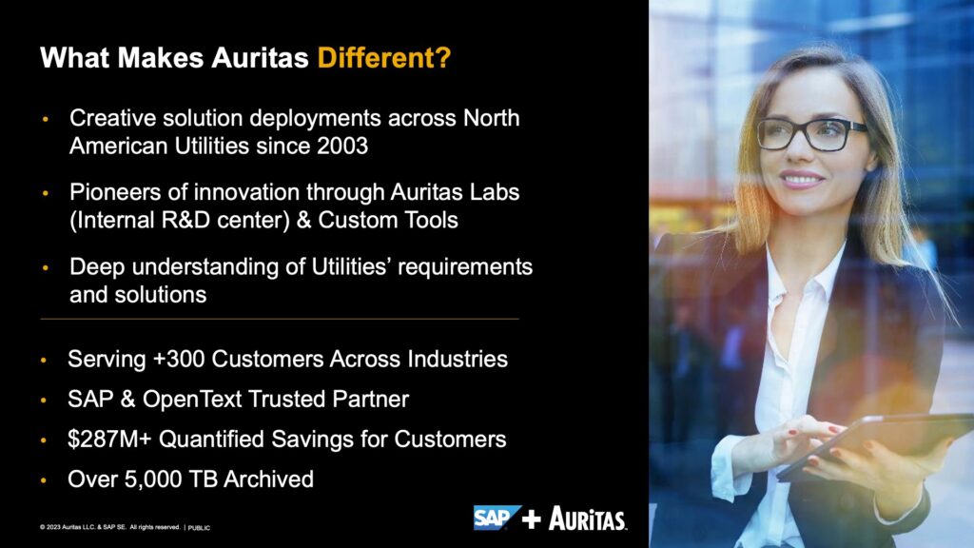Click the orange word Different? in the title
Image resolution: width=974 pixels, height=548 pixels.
click(384, 58)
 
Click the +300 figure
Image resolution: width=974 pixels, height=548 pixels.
click(179, 359)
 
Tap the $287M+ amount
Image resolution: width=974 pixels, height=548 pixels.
click(110, 439)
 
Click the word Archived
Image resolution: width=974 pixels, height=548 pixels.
click(268, 479)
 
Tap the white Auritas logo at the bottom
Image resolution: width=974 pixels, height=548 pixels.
click(588, 519)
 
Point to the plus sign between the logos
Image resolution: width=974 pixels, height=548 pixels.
click(531, 519)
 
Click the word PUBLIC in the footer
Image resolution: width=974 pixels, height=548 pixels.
click(199, 528)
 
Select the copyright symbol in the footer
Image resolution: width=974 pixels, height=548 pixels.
click(42, 527)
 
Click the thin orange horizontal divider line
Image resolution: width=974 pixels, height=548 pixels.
click(280, 319)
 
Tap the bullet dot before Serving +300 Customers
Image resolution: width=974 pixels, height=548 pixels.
click(44, 360)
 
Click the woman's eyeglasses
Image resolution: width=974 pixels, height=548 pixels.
click(811, 133)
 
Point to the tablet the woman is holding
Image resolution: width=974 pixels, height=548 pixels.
click(876, 445)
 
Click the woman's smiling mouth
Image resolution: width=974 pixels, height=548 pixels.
click(801, 180)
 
